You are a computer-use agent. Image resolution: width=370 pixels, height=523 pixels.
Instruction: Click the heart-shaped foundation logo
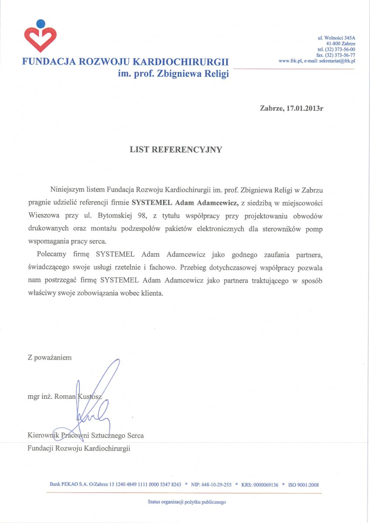40,39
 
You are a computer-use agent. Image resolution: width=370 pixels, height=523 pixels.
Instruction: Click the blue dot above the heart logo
40,23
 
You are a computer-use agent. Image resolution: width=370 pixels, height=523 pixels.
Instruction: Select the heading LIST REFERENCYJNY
176,149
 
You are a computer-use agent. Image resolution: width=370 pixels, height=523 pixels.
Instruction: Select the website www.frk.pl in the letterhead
290,61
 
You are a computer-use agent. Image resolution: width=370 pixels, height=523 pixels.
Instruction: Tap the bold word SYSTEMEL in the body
152,203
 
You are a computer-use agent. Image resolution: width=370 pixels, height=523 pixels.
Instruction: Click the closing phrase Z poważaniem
49,358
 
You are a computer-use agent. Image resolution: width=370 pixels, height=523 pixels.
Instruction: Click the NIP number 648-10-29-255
217,485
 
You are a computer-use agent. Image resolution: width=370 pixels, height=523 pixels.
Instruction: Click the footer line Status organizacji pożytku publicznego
187,502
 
